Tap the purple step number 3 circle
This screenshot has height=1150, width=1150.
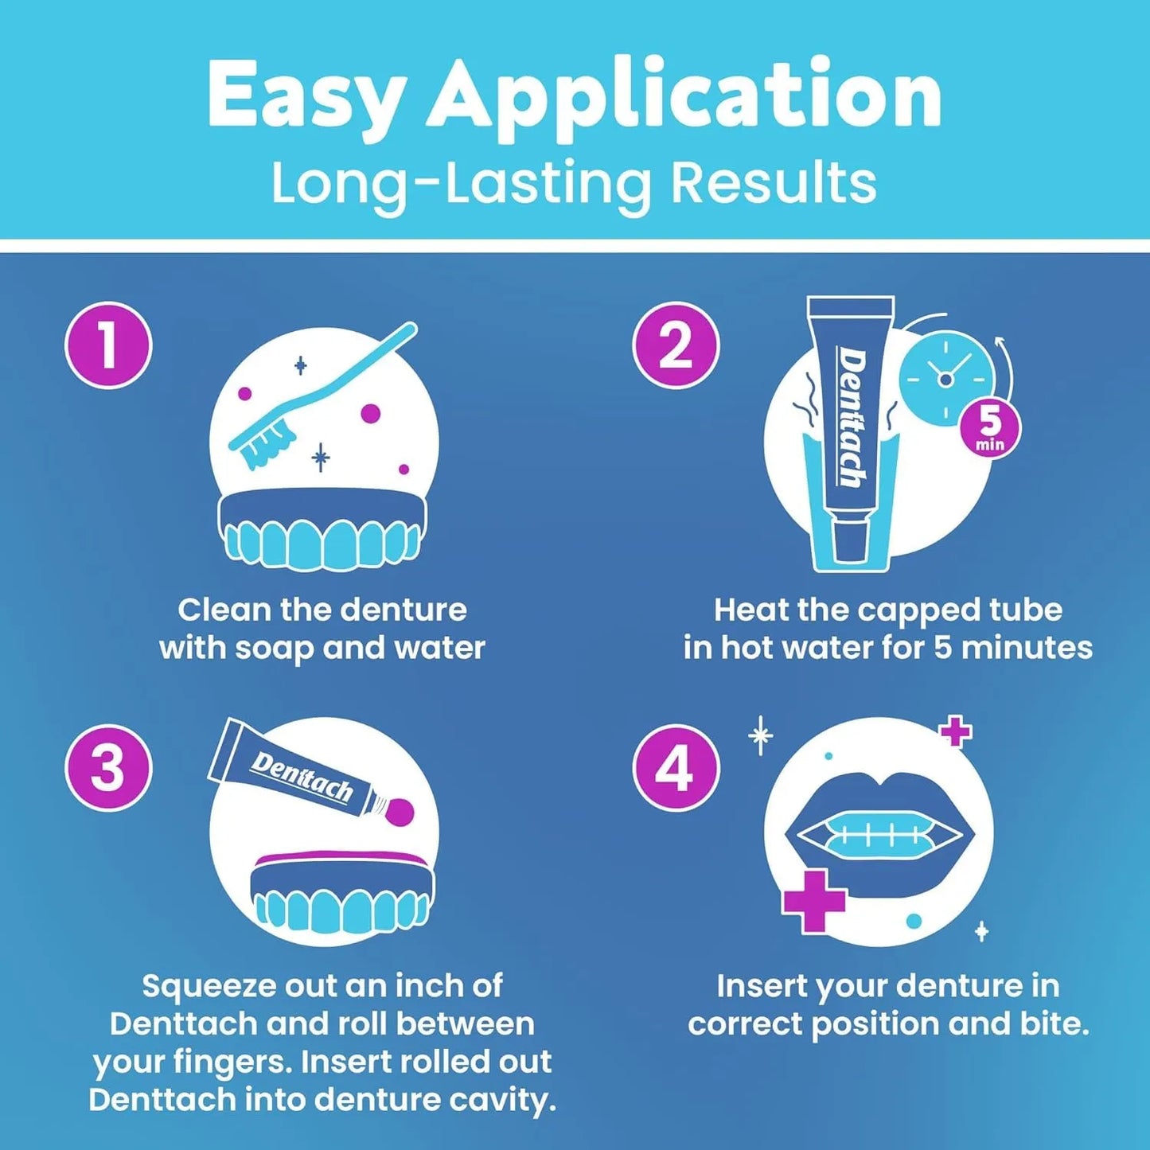108,767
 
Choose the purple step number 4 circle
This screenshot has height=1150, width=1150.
676,767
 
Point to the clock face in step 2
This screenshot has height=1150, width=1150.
945,380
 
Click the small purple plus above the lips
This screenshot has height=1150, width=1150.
956,732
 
